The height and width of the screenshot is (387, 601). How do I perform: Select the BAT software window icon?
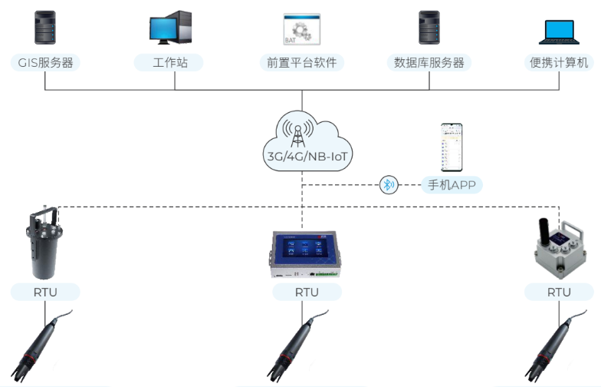pyautogui.click(x=302, y=28)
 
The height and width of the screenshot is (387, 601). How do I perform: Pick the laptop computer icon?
pyautogui.click(x=559, y=31)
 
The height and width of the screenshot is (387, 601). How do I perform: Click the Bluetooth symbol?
pyautogui.click(x=390, y=184)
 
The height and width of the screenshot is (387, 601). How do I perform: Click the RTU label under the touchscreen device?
pyautogui.click(x=307, y=293)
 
